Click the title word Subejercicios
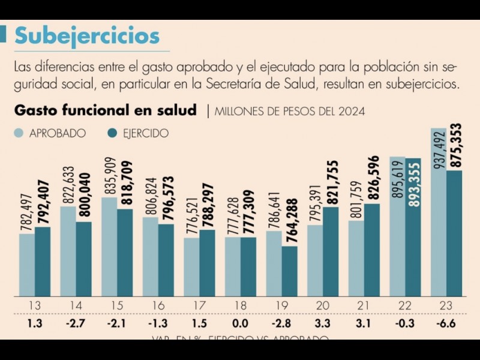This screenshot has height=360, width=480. click(x=87, y=36)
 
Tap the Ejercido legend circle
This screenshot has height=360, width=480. click(x=112, y=133)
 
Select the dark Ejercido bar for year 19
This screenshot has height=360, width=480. click(x=290, y=271)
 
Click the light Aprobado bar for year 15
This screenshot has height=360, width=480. click(x=109, y=246)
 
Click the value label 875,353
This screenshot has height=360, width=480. click(x=454, y=146)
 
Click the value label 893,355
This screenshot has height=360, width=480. click(x=413, y=184)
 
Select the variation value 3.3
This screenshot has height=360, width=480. click(x=322, y=325)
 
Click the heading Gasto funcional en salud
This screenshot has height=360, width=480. click(x=105, y=110)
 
